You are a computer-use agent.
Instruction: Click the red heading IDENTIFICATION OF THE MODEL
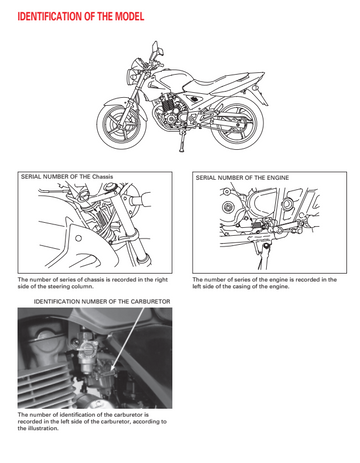[81, 16]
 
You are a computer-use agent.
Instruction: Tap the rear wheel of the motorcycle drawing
[237, 126]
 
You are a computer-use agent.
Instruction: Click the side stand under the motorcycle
[182, 142]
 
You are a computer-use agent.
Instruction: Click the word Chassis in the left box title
[103, 176]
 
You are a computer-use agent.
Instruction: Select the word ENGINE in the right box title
[277, 178]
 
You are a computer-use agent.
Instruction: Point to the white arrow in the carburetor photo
[128, 338]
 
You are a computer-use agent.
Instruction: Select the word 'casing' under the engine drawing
[237, 286]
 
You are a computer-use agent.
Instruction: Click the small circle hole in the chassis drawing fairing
[79, 238]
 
